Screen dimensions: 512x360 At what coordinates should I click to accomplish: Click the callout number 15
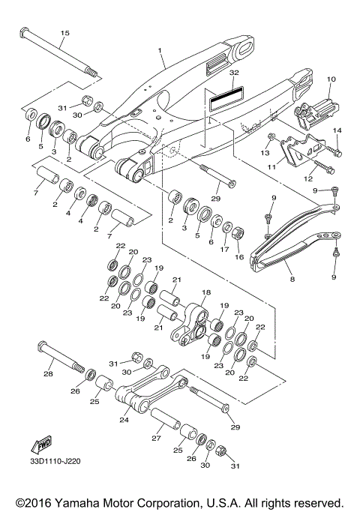tap(64, 33)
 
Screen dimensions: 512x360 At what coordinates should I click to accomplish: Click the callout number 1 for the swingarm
tap(160, 52)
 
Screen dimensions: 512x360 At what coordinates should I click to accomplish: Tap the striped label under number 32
tap(226, 97)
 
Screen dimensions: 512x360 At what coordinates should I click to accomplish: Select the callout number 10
tap(331, 79)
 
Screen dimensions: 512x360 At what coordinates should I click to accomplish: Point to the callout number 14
tap(337, 130)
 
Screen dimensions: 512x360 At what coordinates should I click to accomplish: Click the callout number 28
tap(48, 373)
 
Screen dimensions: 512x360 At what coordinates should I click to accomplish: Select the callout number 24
tap(124, 421)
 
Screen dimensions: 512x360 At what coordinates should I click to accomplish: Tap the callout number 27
tap(156, 439)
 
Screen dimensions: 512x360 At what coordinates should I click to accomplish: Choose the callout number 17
tap(224, 250)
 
